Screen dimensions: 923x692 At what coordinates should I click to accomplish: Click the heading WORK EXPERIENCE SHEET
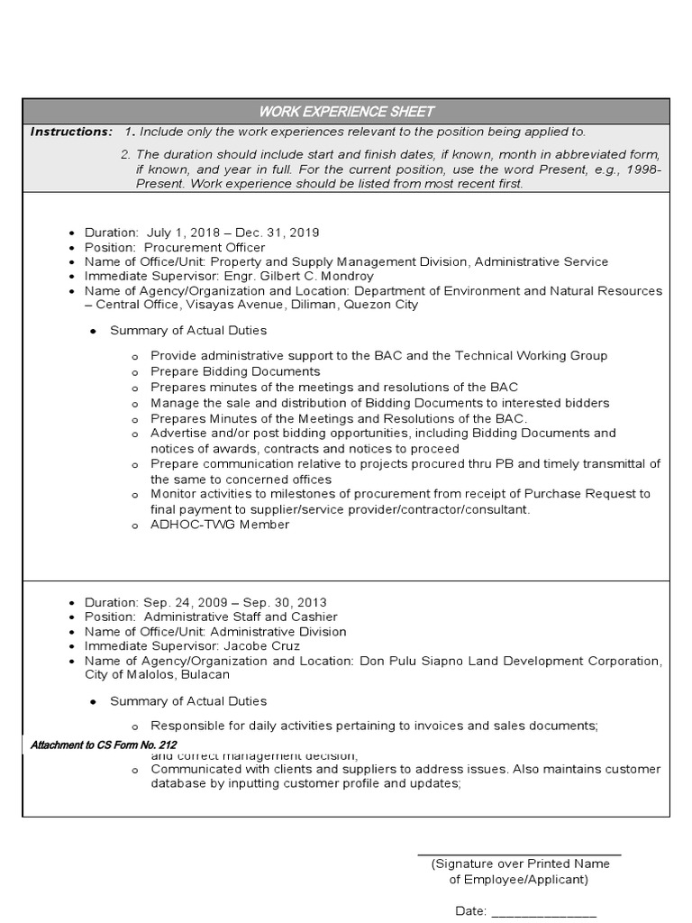[346, 112]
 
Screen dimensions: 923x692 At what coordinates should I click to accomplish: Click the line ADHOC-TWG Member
[220, 525]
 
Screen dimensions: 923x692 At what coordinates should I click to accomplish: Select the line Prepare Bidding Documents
[235, 371]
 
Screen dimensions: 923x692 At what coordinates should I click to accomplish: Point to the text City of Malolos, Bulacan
[157, 674]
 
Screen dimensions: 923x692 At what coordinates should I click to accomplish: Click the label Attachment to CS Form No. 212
[104, 745]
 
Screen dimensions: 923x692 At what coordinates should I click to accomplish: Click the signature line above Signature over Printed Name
[519, 853]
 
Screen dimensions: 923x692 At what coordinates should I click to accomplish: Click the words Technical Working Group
[531, 356]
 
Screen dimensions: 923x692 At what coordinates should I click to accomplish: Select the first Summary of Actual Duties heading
[188, 331]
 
